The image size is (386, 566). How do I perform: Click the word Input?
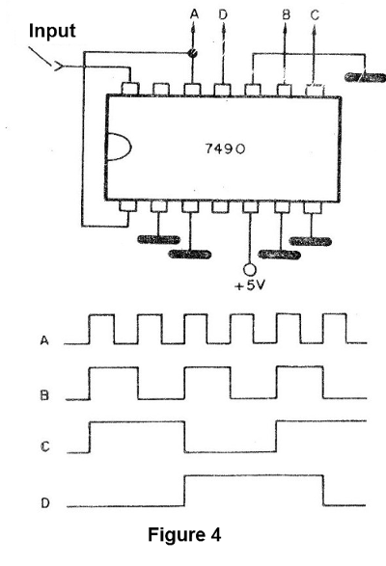pyautogui.click(x=52, y=31)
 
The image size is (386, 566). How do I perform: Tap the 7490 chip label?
pyautogui.click(x=225, y=148)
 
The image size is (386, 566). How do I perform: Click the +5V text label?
pyautogui.click(x=250, y=285)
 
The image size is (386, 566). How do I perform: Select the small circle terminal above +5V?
pyautogui.click(x=249, y=269)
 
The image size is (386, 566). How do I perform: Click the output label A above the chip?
pyautogui.click(x=194, y=14)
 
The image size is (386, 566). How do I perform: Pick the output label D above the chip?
pyautogui.click(x=223, y=14)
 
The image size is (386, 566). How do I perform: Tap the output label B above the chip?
pyautogui.click(x=286, y=14)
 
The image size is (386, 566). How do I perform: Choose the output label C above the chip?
pyautogui.click(x=315, y=14)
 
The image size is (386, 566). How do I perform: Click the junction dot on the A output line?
pyautogui.click(x=193, y=53)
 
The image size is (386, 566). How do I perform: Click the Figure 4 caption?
pyautogui.click(x=184, y=534)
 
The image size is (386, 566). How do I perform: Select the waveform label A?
pyautogui.click(x=44, y=340)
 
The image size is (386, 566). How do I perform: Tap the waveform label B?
pyautogui.click(x=44, y=395)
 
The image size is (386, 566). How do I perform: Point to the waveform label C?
pyautogui.click(x=44, y=446)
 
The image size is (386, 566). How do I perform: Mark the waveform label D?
pyautogui.click(x=44, y=502)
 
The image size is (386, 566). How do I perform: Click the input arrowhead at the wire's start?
pyautogui.click(x=59, y=67)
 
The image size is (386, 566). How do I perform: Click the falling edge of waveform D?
pyautogui.click(x=323, y=490)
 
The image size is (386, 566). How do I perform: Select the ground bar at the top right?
pyautogui.click(x=365, y=77)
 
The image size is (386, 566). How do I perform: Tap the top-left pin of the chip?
pyautogui.click(x=130, y=89)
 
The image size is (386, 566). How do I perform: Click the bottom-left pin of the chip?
pyautogui.click(x=128, y=206)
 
